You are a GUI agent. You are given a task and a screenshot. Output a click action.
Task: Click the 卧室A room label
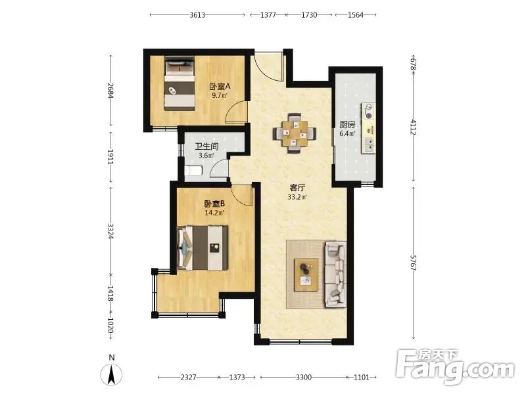coord(219,86)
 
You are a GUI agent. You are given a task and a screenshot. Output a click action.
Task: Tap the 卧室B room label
coord(215,204)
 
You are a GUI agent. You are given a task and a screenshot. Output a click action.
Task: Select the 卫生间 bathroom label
coord(201,147)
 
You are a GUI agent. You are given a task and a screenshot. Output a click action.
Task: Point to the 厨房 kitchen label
coord(347,125)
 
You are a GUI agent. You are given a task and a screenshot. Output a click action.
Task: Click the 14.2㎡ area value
coord(215,212)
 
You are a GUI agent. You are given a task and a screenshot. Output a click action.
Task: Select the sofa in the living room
coord(335,274)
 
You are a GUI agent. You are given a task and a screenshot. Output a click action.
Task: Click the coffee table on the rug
coord(306,273)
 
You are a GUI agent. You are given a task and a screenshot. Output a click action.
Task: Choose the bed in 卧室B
coord(204,248)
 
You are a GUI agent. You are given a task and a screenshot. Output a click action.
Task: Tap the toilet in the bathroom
coord(193,172)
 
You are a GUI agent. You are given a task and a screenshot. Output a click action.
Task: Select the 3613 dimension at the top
coord(198,14)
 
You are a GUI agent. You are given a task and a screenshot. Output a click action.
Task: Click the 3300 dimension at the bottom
coord(304,378)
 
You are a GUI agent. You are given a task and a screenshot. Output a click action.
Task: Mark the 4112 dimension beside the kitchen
coord(412,126)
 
